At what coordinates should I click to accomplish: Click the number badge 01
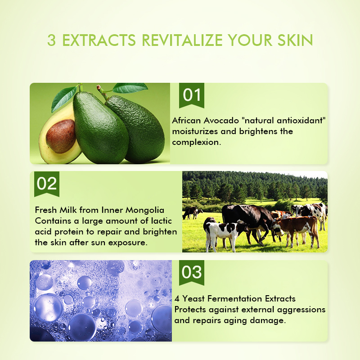tap(192, 95)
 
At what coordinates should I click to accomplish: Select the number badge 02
tap(47, 184)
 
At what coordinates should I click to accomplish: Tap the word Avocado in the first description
tap(219, 121)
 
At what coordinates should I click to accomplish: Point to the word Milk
tap(69, 210)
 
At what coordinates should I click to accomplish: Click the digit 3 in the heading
tap(52, 40)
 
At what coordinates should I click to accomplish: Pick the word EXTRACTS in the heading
tap(98, 40)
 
